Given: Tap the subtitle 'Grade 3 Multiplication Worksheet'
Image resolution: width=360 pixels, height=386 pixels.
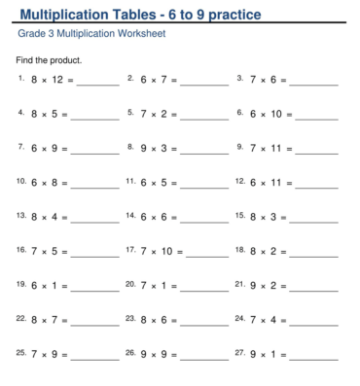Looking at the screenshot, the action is coord(91,34).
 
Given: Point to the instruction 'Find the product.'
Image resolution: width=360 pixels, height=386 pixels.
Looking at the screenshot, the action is coord(50,60).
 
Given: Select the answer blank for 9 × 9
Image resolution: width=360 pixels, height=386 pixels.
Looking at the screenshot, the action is coord(205,356).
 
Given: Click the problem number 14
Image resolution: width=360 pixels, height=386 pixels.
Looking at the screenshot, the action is coord(130,215).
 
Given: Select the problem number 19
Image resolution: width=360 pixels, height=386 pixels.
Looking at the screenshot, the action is coord(21,283).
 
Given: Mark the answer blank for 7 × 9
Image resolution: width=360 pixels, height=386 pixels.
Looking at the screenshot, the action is coord(95,356).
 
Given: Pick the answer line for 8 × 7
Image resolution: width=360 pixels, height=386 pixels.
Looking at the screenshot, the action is coord(95,322).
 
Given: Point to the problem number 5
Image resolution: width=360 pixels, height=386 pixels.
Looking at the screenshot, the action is coord(130,112).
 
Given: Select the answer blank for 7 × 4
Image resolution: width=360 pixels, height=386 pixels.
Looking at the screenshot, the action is coord(314,322).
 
